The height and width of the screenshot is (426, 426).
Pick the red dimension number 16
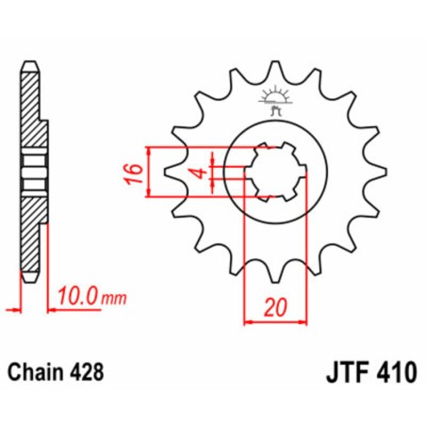(135, 173)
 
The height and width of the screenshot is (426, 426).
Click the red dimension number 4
(200, 173)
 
